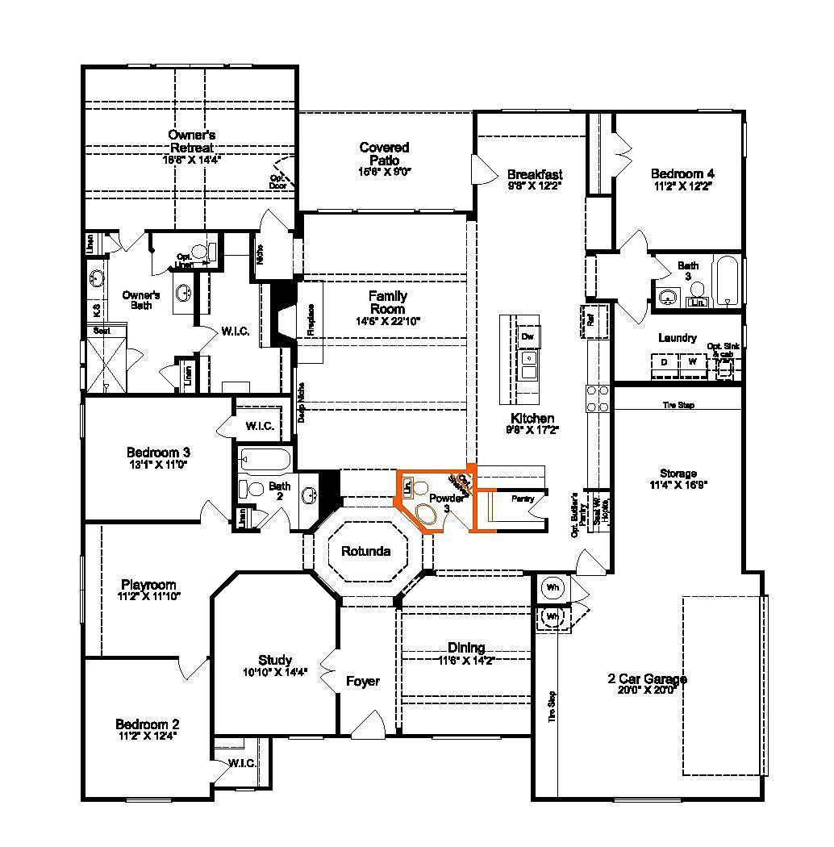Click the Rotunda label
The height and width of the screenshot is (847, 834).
click(365, 552)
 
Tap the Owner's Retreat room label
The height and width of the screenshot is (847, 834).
click(191, 141)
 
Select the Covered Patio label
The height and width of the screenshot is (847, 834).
click(384, 153)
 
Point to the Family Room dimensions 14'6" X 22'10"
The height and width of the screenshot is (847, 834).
click(387, 321)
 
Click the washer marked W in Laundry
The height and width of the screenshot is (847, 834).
click(691, 362)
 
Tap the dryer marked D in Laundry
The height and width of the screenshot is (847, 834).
click(664, 362)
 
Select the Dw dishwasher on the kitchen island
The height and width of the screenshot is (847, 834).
click(527, 336)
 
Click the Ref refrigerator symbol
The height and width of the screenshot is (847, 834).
click(590, 319)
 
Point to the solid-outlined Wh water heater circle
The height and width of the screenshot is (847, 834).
click(553, 586)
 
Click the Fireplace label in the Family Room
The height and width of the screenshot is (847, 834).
click(311, 320)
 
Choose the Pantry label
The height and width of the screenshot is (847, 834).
click(523, 499)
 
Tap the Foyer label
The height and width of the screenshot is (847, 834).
click(363, 682)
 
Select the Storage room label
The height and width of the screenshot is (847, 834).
click(678, 474)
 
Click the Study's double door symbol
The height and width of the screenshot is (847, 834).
click(329, 669)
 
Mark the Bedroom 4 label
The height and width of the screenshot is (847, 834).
click(682, 173)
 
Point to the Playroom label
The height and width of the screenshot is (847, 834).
click(148, 585)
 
